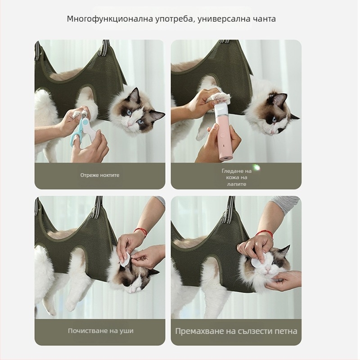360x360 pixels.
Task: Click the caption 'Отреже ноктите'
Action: click(100, 175)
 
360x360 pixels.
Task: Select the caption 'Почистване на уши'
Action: click(100, 331)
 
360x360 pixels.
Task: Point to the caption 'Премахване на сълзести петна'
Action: click(236, 331)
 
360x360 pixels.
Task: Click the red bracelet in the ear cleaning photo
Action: click(140, 233)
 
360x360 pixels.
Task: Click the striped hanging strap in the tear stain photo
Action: click(230, 209)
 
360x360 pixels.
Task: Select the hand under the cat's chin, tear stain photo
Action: click(283, 281)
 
